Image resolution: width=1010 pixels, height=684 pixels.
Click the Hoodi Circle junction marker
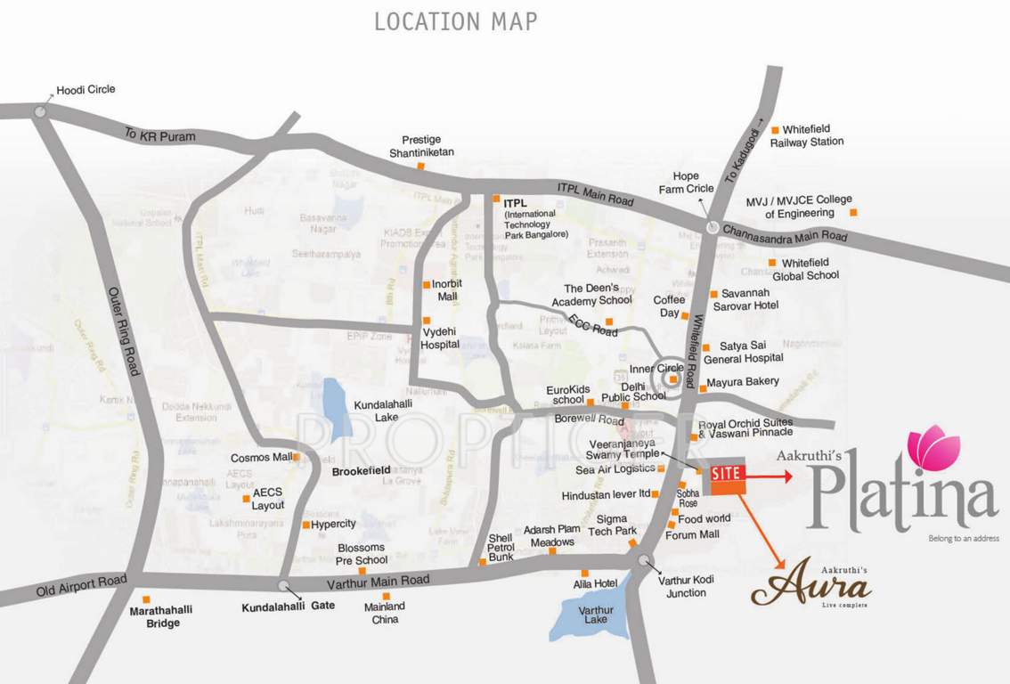[x=40, y=111]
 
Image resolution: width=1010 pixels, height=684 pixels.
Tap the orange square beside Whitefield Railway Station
[x=775, y=129]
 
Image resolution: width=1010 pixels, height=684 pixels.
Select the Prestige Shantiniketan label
[x=421, y=146]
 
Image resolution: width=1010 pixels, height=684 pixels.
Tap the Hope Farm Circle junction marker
[x=713, y=227]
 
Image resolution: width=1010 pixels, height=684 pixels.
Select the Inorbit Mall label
[x=446, y=289]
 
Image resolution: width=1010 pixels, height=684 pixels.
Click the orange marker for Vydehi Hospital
[x=426, y=321]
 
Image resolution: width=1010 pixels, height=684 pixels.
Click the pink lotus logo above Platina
[x=933, y=448]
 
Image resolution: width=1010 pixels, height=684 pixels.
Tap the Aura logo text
[x=810, y=587]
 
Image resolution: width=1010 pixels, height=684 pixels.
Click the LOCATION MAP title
[x=455, y=21]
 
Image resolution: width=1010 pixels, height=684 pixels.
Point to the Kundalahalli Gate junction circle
[x=282, y=585]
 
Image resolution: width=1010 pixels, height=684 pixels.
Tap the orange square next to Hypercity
[x=305, y=525]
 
